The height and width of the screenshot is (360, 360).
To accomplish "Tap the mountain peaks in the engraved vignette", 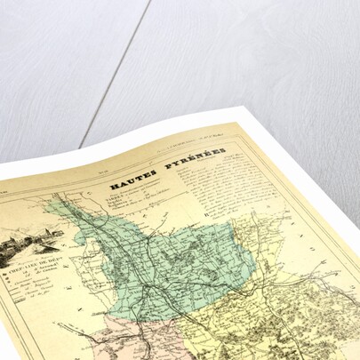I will click(x=27, y=233).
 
